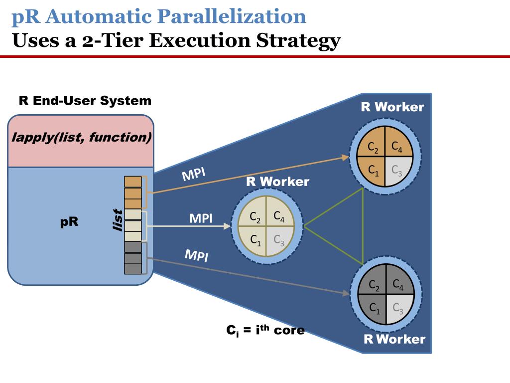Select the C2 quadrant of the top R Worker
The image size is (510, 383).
[x=373, y=147]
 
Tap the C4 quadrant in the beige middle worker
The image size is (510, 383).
[x=279, y=217]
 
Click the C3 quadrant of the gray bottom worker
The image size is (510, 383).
[x=398, y=309]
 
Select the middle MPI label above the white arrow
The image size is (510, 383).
[x=201, y=218]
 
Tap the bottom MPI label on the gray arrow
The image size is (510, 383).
[x=196, y=256]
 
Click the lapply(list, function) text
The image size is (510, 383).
[x=81, y=138]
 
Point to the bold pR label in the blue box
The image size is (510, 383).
[x=69, y=221]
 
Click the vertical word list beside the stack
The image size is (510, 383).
[x=118, y=220]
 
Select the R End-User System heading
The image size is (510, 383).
[x=85, y=101]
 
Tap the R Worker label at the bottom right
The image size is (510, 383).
[x=394, y=340]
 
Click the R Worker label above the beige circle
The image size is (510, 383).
[x=277, y=182]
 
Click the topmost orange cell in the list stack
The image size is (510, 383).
[x=133, y=182]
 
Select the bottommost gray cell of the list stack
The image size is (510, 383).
[x=133, y=269]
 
